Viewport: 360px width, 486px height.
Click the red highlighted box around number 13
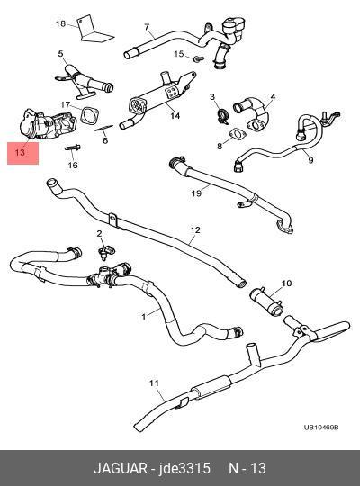(22, 153)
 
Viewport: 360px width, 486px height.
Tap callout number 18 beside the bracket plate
(61, 23)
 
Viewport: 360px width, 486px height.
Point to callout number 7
(147, 27)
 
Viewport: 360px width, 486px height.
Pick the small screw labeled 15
(198, 58)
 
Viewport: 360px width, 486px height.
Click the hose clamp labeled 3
(222, 115)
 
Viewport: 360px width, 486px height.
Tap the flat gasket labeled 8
(238, 134)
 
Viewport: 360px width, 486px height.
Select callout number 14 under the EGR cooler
(175, 116)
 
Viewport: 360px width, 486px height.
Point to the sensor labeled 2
(106, 250)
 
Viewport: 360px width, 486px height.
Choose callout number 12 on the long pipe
(195, 230)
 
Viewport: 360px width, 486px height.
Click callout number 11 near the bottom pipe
(154, 383)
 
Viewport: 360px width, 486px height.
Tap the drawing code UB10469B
(321, 427)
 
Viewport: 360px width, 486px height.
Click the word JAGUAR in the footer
(121, 468)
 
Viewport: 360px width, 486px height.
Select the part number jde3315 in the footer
(184, 468)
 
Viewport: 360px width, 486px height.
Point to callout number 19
(196, 193)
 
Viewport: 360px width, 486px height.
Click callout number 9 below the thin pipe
(310, 160)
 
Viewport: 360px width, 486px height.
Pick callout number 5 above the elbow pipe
(60, 53)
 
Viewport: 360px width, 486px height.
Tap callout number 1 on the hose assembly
(143, 317)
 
